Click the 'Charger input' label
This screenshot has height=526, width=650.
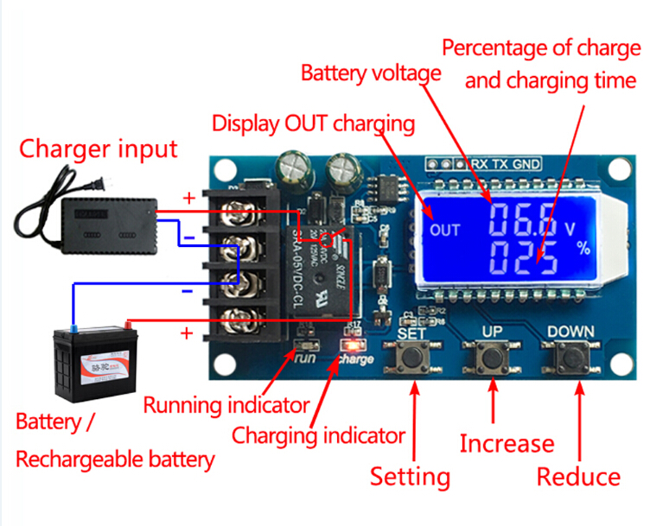pyautogui.click(x=99, y=149)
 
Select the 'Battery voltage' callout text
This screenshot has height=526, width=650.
pyautogui.click(x=371, y=73)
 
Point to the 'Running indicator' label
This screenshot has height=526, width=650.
pyautogui.click(x=226, y=404)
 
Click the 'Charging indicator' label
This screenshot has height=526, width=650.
pyautogui.click(x=318, y=435)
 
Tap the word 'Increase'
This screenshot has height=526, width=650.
pyautogui.click(x=507, y=444)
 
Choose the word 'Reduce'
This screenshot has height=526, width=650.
pyautogui.click(x=578, y=477)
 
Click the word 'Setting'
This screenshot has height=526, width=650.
pyautogui.click(x=411, y=477)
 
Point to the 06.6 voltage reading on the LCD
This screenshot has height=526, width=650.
pyautogui.click(x=524, y=222)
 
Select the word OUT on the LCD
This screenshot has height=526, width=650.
pyautogui.click(x=445, y=230)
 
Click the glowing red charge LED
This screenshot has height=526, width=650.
pyautogui.click(x=353, y=346)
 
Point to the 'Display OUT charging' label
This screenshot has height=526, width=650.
pyautogui.click(x=313, y=123)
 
